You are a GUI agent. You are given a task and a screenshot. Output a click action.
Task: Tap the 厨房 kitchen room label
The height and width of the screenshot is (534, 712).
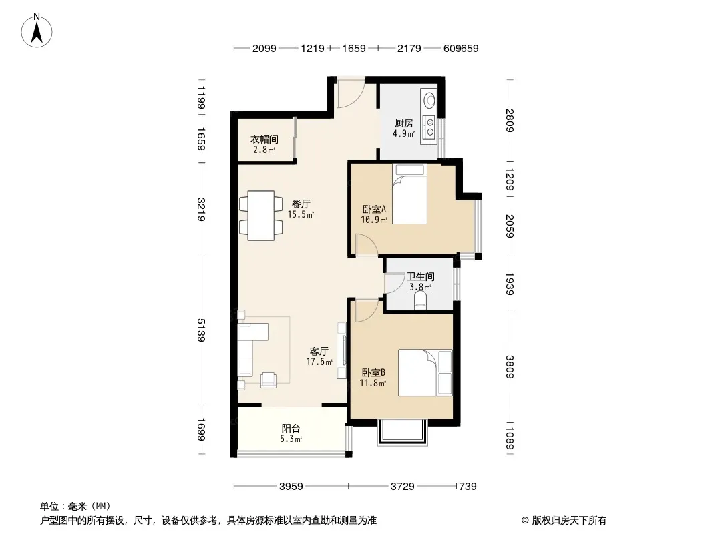coord(403,123)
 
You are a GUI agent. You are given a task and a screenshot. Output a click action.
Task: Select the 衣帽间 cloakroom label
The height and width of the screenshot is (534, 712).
coord(264,139)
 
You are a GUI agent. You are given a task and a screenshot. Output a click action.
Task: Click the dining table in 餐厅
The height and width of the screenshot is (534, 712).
coord(260,215)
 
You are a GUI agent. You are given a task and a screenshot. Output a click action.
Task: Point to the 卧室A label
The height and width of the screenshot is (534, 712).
coord(374,209)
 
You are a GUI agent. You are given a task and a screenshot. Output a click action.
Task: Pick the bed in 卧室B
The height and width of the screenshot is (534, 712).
coord(425,373)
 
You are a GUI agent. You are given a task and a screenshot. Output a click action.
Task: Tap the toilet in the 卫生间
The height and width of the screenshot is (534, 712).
coord(421,300)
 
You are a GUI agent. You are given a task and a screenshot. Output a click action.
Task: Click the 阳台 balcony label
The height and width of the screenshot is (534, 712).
coord(291,428)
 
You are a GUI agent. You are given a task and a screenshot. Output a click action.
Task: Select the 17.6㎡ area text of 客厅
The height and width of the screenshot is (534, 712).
coord(319,362)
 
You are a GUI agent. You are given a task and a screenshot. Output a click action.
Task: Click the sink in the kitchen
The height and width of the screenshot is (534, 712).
coord(429,99)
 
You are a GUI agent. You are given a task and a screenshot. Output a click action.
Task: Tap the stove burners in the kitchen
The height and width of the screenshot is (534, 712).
coord(429,127)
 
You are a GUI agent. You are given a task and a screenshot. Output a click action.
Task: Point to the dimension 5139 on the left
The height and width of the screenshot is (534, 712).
coord(200,330)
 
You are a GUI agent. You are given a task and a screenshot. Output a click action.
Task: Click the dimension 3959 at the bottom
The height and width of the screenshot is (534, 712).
coord(291,487)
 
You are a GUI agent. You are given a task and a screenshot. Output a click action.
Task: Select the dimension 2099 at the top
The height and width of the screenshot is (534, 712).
coord(264,48)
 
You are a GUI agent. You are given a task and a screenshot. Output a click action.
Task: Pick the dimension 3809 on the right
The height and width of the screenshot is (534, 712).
coord(510,367)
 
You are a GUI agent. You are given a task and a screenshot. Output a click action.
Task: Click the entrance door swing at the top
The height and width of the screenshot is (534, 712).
coord(350,94)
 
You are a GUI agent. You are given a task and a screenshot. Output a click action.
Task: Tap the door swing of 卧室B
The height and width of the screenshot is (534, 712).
coord(367,311)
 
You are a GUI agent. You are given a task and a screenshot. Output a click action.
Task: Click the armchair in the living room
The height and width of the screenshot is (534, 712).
coord(269,380)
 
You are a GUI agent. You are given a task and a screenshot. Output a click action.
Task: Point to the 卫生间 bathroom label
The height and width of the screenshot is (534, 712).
coord(421,276)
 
